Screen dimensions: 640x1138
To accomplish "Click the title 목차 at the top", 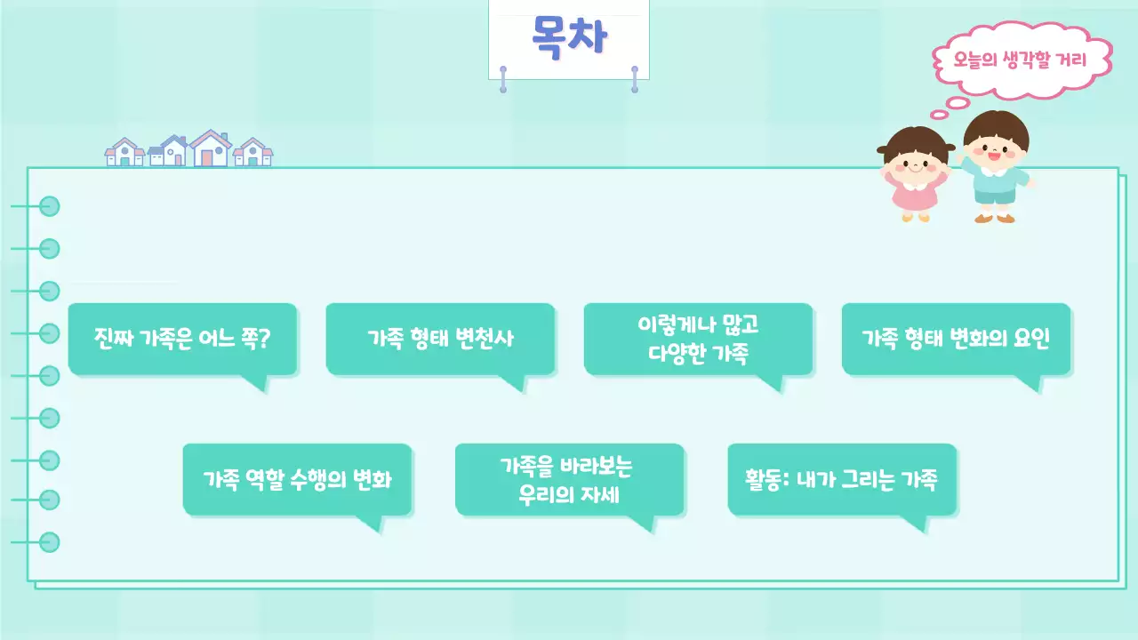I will coord(569,36).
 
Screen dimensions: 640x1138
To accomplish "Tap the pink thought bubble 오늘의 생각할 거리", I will coord(1021,61).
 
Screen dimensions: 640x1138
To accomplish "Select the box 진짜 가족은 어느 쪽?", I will coord(182,339).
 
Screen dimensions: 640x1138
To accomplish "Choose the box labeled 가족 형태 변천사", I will coord(440,339).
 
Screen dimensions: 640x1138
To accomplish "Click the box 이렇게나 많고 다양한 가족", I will coord(698,339).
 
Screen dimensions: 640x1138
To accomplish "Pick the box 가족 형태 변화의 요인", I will coord(956,339).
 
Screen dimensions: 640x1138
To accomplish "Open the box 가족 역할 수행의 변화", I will coord(297,479).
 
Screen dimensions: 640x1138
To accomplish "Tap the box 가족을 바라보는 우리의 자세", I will coord(569,479).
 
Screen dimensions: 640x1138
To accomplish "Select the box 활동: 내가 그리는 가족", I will coord(841,479).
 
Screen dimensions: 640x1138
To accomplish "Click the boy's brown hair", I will coord(995,124).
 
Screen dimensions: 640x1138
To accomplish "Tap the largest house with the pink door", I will coord(209,149).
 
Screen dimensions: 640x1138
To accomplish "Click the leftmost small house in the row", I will coord(124,153).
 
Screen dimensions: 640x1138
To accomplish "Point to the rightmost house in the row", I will coord(253,153).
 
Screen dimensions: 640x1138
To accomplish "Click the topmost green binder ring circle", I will coord(50,206).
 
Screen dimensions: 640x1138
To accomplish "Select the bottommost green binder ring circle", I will coord(50,541).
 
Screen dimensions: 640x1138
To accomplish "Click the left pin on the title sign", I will coord(503,78).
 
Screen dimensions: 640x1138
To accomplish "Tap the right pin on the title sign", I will coord(635,78).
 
